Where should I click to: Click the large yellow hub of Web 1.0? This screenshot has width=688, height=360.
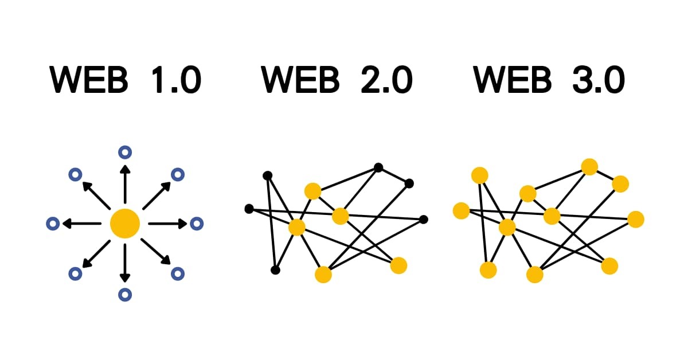124,223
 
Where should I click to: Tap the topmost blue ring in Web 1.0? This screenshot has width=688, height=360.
125,152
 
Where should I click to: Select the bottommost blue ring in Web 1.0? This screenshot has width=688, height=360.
125,295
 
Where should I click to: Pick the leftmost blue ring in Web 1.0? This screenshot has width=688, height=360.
53,224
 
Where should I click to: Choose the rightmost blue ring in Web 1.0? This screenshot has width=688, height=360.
197,224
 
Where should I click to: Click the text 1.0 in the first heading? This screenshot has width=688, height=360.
174,80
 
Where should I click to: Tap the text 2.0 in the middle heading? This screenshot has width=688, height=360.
386,80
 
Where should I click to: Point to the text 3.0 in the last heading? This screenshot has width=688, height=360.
597,80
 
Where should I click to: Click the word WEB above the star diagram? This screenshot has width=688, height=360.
89,80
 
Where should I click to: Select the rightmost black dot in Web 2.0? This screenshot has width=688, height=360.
424,219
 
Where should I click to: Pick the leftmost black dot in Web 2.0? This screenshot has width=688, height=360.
249,209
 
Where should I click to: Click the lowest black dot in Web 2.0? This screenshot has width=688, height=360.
275,270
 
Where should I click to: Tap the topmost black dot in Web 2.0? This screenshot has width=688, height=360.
378,167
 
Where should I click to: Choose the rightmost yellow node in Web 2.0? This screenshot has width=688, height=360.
398,265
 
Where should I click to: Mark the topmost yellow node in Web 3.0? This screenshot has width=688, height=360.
589,167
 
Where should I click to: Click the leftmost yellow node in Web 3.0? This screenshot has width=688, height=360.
461,211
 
